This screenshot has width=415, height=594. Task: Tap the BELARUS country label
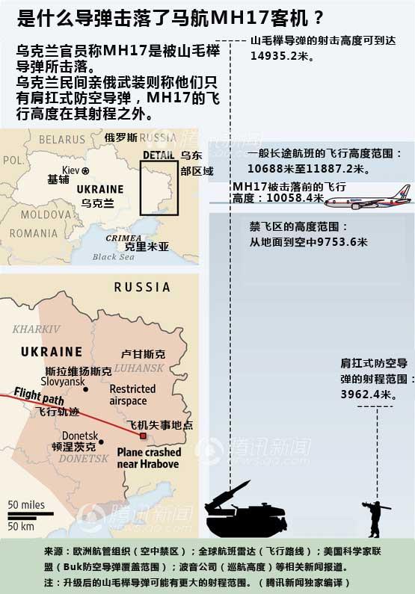pyautogui.click(x=62, y=140)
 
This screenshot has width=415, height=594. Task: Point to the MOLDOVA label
pyautogui.click(x=44, y=214)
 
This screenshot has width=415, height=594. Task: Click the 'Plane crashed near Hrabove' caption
pyautogui.click(x=149, y=458)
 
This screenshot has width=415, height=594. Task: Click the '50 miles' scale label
pyautogui.click(x=27, y=505)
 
